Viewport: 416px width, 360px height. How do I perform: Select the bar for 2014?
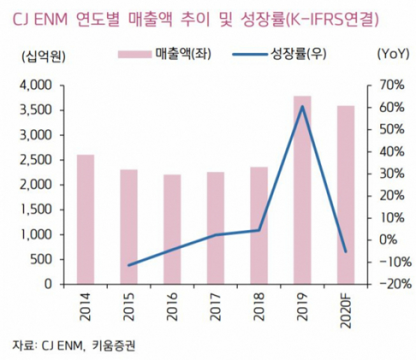click(85, 219)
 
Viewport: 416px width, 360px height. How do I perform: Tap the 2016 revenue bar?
click(172, 229)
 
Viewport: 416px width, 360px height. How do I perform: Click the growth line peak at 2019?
click(303, 106)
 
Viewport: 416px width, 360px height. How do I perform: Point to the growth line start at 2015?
click(129, 265)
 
